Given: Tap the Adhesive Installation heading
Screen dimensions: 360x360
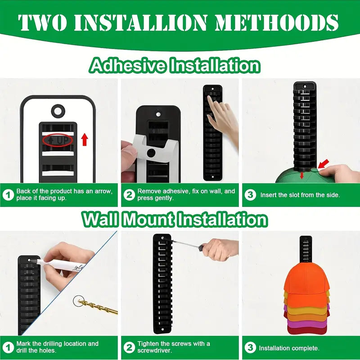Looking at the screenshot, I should coord(175,66).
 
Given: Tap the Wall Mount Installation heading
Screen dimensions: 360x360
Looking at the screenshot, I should coord(175,220).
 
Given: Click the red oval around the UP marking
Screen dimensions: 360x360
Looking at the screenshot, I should coord(58,140).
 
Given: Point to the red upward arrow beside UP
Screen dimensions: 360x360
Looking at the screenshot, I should coord(84,139).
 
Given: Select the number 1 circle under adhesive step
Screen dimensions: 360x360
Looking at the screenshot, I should coord(8,195).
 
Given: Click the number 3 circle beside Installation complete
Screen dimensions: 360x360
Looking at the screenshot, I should coord(251,348).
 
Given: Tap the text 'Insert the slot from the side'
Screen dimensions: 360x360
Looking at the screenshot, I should coord(300,195).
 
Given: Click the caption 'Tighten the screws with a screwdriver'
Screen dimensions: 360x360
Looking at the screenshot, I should coord(174,347).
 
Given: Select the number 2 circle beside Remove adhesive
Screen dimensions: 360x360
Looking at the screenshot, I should coord(130,195).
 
